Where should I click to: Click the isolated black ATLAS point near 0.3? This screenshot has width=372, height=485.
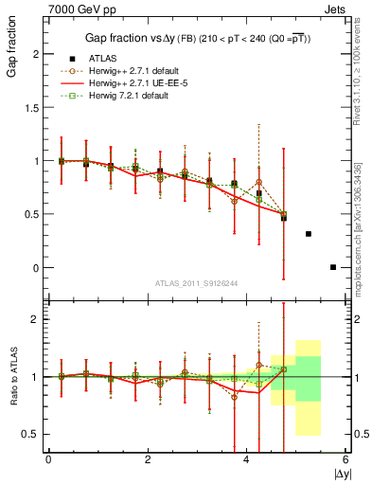coord(309,233)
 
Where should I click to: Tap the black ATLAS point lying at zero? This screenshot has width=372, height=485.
coord(333,267)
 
